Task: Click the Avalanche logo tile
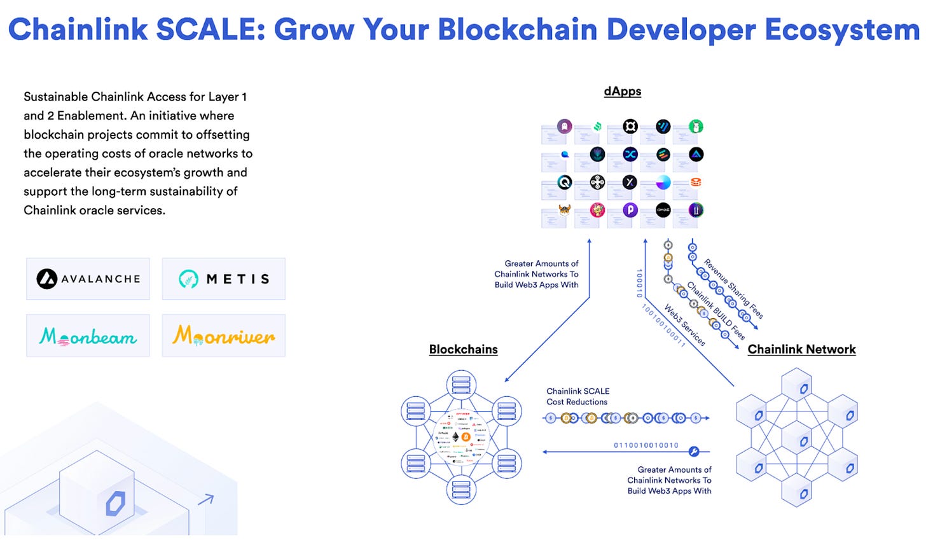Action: coord(88,279)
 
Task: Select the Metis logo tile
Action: coord(224,279)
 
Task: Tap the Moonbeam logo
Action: coord(88,336)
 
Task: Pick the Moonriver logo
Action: coord(224,335)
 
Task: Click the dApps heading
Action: coord(622,92)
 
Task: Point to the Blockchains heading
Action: coord(463,349)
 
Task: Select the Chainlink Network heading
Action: coord(801,349)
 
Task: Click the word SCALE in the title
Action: coord(211,29)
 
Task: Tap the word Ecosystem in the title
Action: coord(841,29)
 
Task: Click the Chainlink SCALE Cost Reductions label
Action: coord(577,396)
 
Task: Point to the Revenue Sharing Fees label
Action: coord(733,288)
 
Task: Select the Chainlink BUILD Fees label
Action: coord(716,310)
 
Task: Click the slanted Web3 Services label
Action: coord(684,325)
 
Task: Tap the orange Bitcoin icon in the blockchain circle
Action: coord(466,438)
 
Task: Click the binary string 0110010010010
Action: coord(646,445)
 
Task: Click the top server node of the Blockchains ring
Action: coord(461,384)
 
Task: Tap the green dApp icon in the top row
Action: coord(696,127)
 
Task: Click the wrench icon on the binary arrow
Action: coord(694,452)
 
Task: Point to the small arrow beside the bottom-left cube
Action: coord(206,499)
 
